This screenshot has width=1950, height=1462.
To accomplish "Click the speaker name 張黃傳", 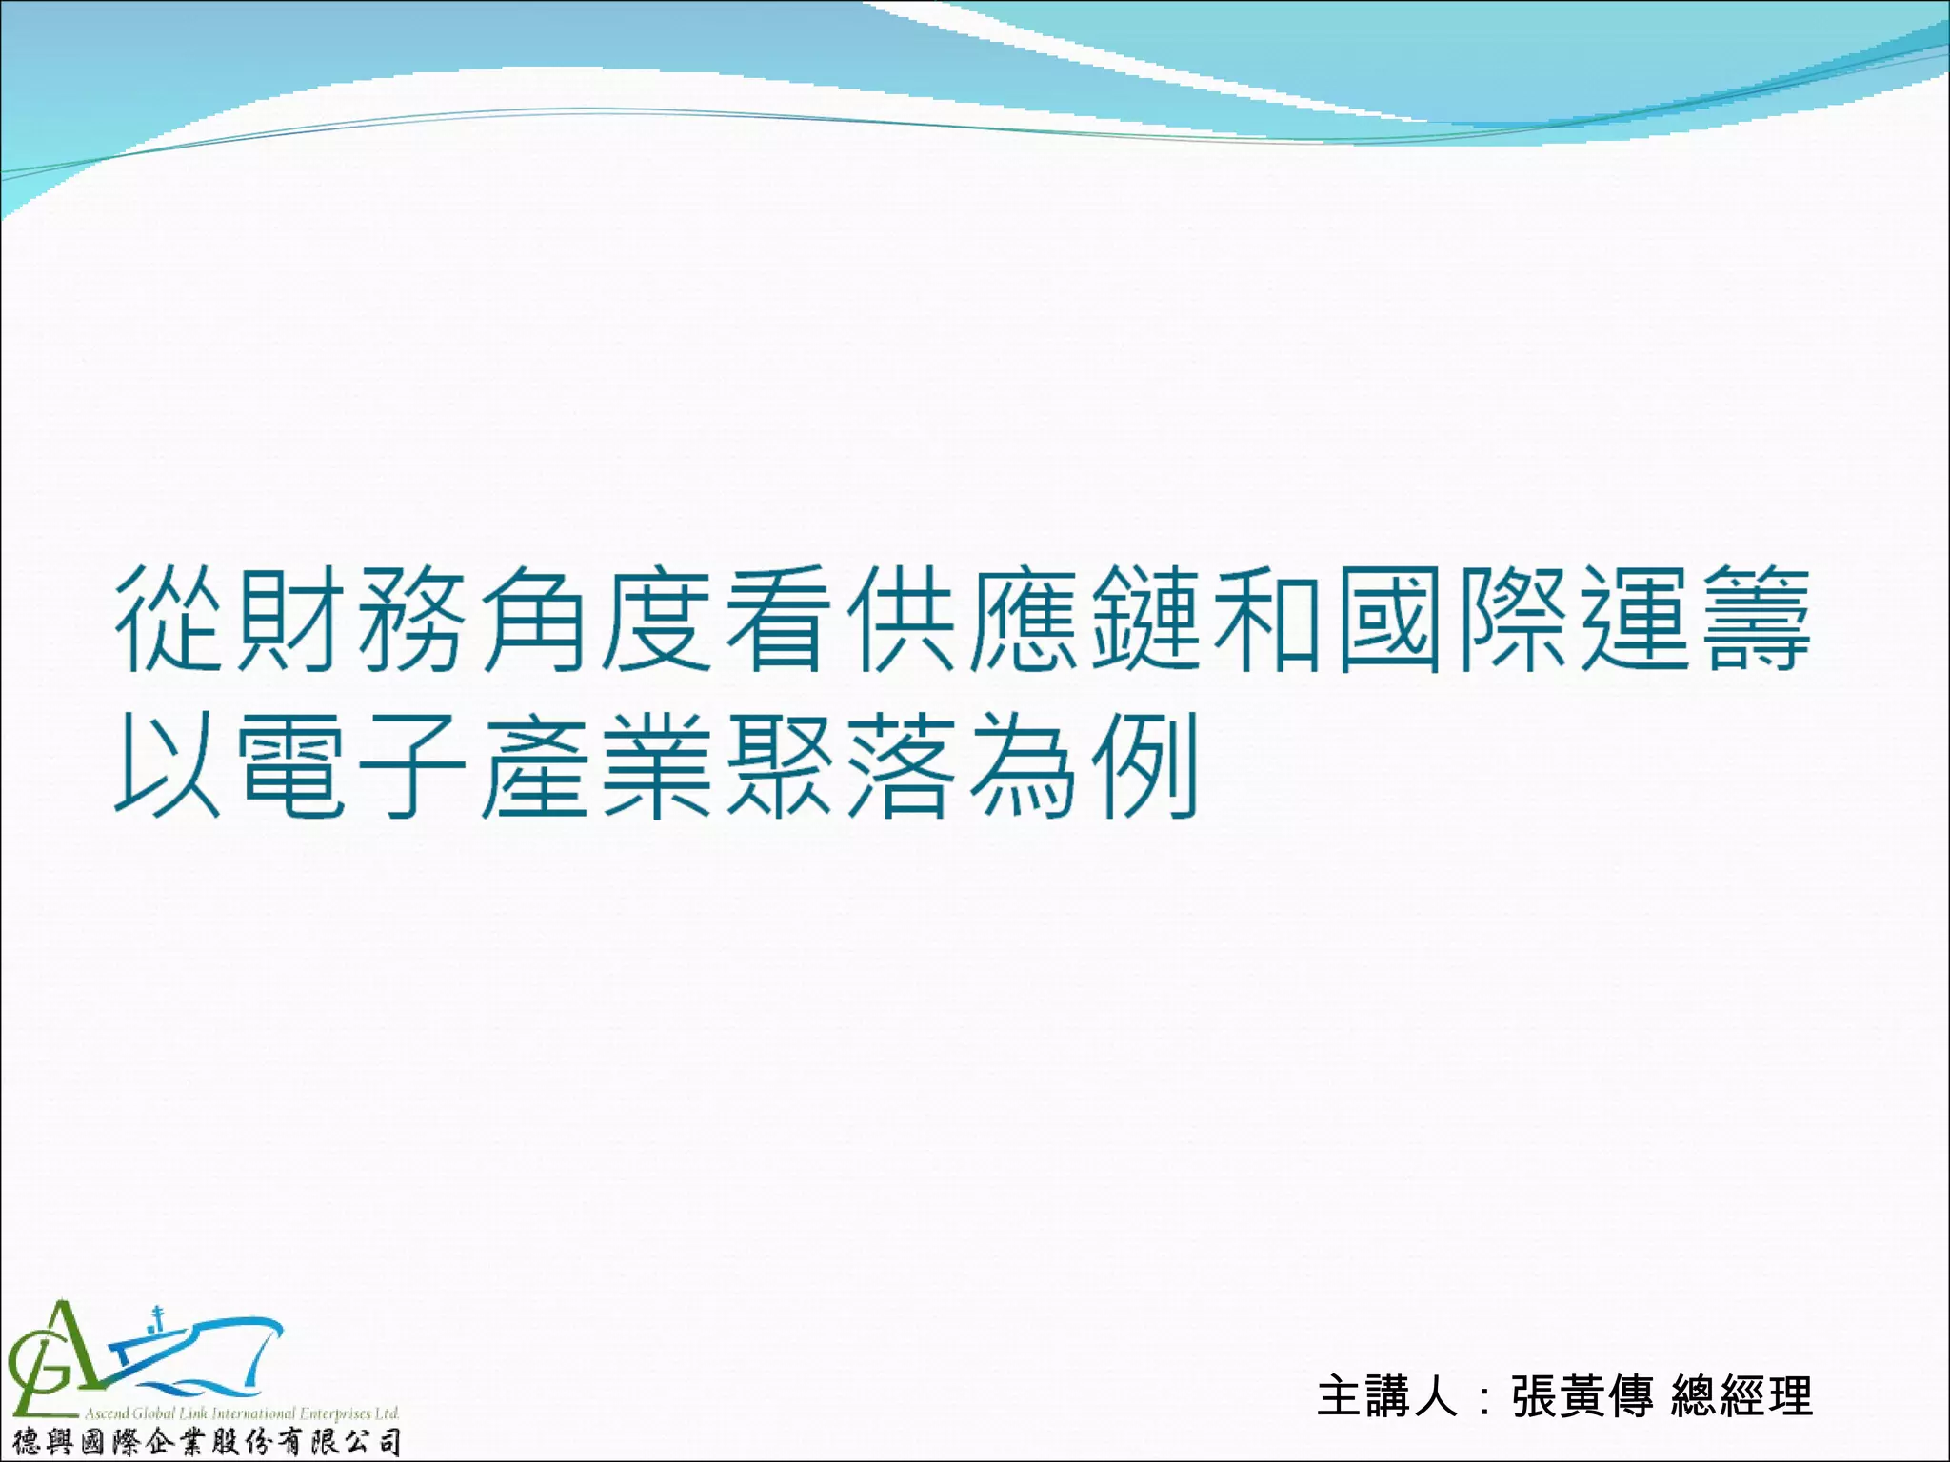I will pyautogui.click(x=1582, y=1396).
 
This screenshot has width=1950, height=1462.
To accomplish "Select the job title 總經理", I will pyautogui.click(x=1741, y=1396).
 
